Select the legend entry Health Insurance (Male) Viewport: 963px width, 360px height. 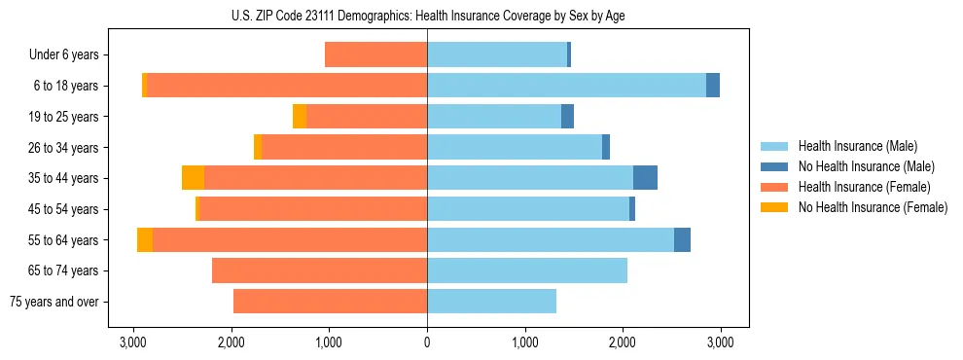[857, 146]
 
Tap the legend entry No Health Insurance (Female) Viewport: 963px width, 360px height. [872, 207]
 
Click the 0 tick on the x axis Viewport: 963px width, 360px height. [427, 342]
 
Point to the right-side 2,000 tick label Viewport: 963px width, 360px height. [623, 342]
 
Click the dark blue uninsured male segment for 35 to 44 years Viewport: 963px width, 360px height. [645, 178]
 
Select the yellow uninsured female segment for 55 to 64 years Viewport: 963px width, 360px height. [145, 239]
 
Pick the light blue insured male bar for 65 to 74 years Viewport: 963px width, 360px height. [527, 270]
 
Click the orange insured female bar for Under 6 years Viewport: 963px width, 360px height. [375, 55]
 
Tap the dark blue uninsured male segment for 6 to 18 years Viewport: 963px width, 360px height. [713, 86]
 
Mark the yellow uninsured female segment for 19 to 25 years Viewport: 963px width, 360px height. [300, 117]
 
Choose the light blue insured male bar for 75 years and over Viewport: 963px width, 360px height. [491, 302]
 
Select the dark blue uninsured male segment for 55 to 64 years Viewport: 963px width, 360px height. [682, 239]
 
